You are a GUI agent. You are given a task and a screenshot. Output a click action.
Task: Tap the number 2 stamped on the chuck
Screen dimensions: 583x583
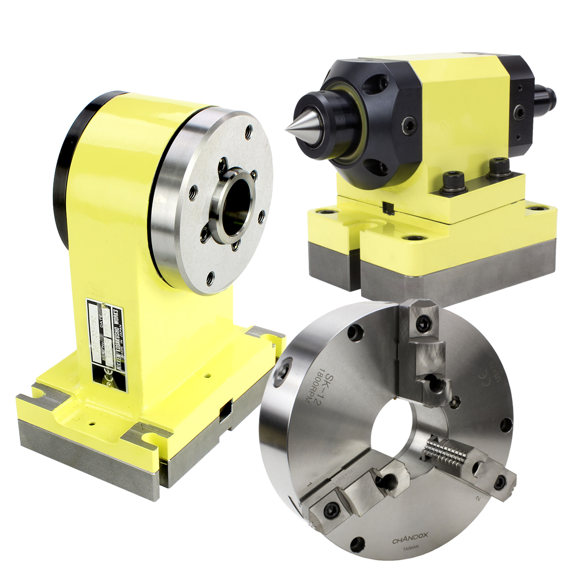coord(479,498)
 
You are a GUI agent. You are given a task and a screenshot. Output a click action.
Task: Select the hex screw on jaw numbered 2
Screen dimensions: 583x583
coord(501,481)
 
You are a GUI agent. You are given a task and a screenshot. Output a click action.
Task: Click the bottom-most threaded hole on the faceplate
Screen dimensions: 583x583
coord(210,277)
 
